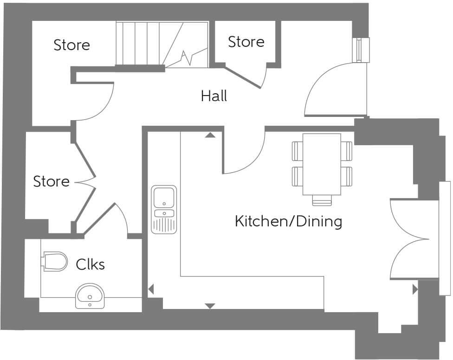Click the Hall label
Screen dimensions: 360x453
[x=214, y=96]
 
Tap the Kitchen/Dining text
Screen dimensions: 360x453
[x=288, y=221]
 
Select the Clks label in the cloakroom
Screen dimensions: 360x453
[x=90, y=264]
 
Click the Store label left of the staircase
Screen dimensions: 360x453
[x=71, y=45]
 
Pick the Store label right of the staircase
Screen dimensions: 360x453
[x=246, y=42]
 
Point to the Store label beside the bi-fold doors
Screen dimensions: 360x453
[x=51, y=181]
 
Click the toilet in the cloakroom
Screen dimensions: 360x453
[x=54, y=261]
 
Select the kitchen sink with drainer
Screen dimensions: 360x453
[x=164, y=209]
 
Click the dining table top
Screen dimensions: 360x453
[x=322, y=164]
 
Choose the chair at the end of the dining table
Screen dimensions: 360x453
[x=322, y=200]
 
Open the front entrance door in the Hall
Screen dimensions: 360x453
[x=327, y=90]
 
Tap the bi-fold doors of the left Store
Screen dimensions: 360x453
[x=86, y=181]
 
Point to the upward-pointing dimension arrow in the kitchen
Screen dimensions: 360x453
[x=210, y=135]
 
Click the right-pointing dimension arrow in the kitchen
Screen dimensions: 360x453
[x=414, y=290]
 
